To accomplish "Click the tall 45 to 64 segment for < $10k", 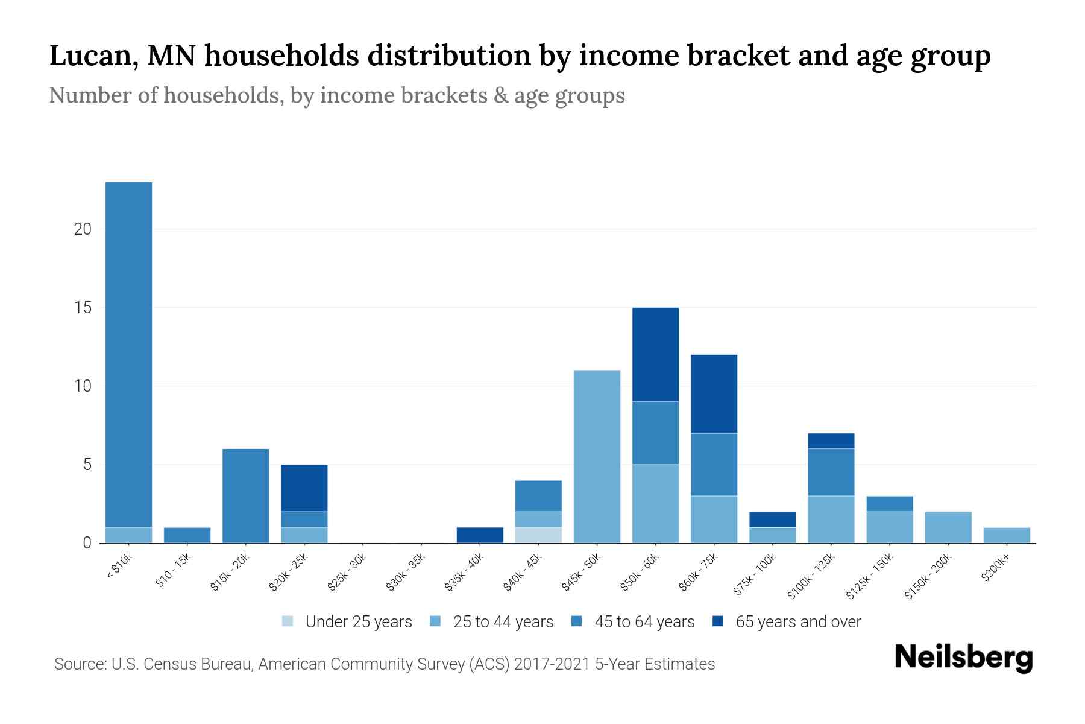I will tap(128, 354).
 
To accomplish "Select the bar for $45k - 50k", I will tap(597, 457).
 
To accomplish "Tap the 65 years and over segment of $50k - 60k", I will tap(655, 354).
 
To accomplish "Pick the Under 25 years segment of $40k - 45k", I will tap(538, 535).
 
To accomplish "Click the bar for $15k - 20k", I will tap(245, 496).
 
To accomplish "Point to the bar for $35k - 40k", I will tap(480, 535).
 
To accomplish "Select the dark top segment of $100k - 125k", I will tap(831, 441).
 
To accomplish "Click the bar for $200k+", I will tap(1006, 535).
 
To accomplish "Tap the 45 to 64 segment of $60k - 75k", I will tap(714, 465).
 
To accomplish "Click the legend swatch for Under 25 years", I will tap(288, 621).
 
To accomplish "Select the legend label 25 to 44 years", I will tap(503, 622).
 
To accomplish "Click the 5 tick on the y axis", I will tap(87, 465).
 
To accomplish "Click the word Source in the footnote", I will tap(80, 664).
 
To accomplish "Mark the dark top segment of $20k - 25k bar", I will tap(304, 488).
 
